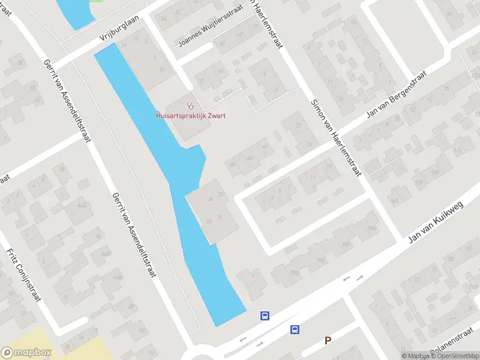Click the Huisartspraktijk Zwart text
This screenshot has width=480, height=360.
click(190, 116)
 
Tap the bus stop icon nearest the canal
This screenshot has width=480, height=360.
click(265, 316)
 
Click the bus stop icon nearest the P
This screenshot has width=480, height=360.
click(295, 329)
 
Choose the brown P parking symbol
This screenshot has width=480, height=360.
click(328, 341)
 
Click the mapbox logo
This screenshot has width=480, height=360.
click(26, 353)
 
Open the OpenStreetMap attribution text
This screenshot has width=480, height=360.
click(455, 356)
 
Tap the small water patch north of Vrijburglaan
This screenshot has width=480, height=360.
click(75, 12)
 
